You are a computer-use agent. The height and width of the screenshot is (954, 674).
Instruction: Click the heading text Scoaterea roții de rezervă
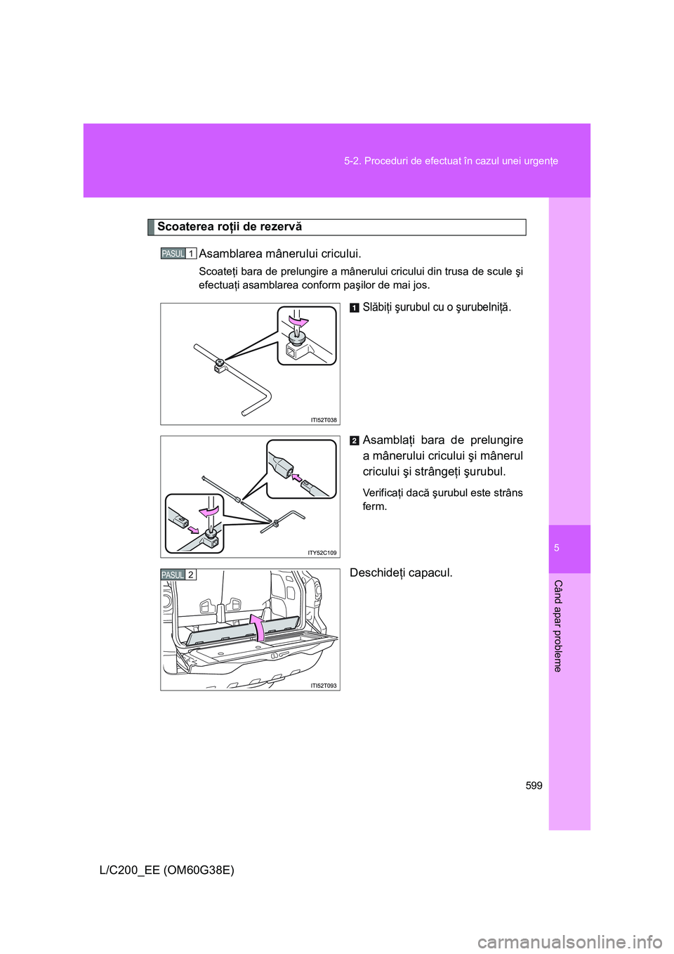[229, 227]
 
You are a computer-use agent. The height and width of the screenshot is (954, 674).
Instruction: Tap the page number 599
[534, 785]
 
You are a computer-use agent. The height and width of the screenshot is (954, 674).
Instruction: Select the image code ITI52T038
[324, 420]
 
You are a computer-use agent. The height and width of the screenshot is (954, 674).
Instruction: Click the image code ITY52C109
[322, 553]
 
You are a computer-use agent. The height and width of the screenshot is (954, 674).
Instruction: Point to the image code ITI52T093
[324, 686]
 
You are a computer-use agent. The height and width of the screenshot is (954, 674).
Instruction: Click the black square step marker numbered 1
[355, 308]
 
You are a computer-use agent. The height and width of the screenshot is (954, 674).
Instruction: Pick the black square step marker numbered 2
[355, 440]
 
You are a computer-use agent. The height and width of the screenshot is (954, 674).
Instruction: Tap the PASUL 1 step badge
[178, 254]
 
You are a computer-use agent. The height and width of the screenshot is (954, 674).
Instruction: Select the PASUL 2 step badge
[178, 575]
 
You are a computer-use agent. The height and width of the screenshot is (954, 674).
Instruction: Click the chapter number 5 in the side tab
[557, 548]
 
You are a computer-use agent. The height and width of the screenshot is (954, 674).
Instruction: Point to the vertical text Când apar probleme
[557, 626]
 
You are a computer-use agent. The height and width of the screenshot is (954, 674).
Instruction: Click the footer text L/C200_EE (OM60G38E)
[167, 870]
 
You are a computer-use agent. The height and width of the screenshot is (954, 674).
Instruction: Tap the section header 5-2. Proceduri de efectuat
[451, 161]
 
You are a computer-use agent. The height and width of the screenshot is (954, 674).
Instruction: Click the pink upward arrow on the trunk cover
[258, 627]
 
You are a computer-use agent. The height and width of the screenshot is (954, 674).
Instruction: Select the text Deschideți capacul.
[401, 573]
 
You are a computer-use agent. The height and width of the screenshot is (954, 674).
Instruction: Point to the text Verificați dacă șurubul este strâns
[442, 493]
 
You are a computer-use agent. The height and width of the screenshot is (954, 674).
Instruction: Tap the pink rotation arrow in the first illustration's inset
[299, 322]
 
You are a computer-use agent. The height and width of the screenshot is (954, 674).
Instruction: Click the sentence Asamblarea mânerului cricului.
[280, 254]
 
